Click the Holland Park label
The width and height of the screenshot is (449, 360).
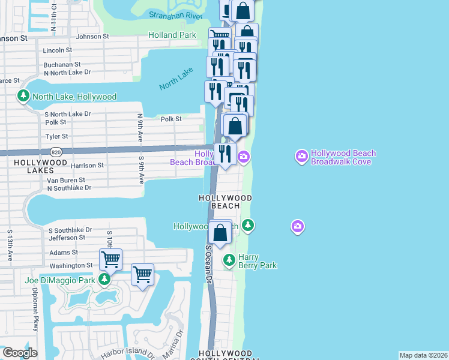click(x=172, y=35)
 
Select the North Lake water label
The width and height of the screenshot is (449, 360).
click(x=176, y=79)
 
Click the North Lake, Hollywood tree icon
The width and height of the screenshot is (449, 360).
click(x=23, y=96)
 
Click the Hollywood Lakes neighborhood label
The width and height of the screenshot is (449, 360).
click(x=40, y=167)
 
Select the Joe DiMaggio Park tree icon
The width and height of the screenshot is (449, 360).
click(x=104, y=280)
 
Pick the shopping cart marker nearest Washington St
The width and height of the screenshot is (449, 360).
click(x=110, y=260)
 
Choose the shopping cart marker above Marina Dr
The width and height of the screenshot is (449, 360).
click(x=142, y=275)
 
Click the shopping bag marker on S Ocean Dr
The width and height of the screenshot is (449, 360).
click(x=220, y=232)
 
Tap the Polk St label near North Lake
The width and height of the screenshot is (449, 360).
click(x=170, y=119)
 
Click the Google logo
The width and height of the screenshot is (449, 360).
click(x=19, y=353)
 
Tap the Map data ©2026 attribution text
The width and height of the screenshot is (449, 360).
click(x=423, y=355)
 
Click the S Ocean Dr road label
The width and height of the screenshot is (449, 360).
click(x=209, y=264)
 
